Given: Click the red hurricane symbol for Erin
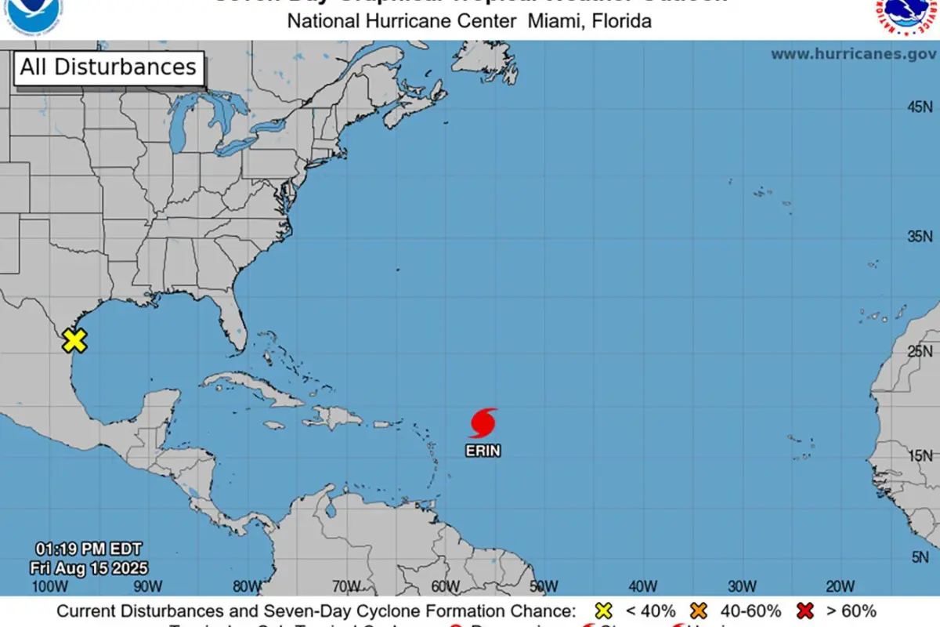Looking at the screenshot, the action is (483, 422).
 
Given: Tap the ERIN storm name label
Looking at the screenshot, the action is (483, 451).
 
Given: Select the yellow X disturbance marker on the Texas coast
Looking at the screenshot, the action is (74, 341).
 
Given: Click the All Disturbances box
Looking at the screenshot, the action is (108, 67).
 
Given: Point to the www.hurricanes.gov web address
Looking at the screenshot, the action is (853, 54).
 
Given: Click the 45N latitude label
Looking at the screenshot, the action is (920, 107).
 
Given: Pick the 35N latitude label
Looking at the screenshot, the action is (920, 236).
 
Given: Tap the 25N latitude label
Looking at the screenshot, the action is (920, 351).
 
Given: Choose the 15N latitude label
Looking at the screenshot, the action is (920, 455).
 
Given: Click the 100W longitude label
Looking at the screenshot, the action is (49, 586).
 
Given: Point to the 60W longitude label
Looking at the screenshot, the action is (444, 586).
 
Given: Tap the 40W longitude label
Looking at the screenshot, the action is (642, 586).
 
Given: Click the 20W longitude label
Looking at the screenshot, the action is (840, 586).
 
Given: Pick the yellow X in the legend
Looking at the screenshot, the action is (603, 611).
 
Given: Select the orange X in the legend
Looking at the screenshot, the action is (700, 611).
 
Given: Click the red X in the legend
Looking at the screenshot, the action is (804, 611).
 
